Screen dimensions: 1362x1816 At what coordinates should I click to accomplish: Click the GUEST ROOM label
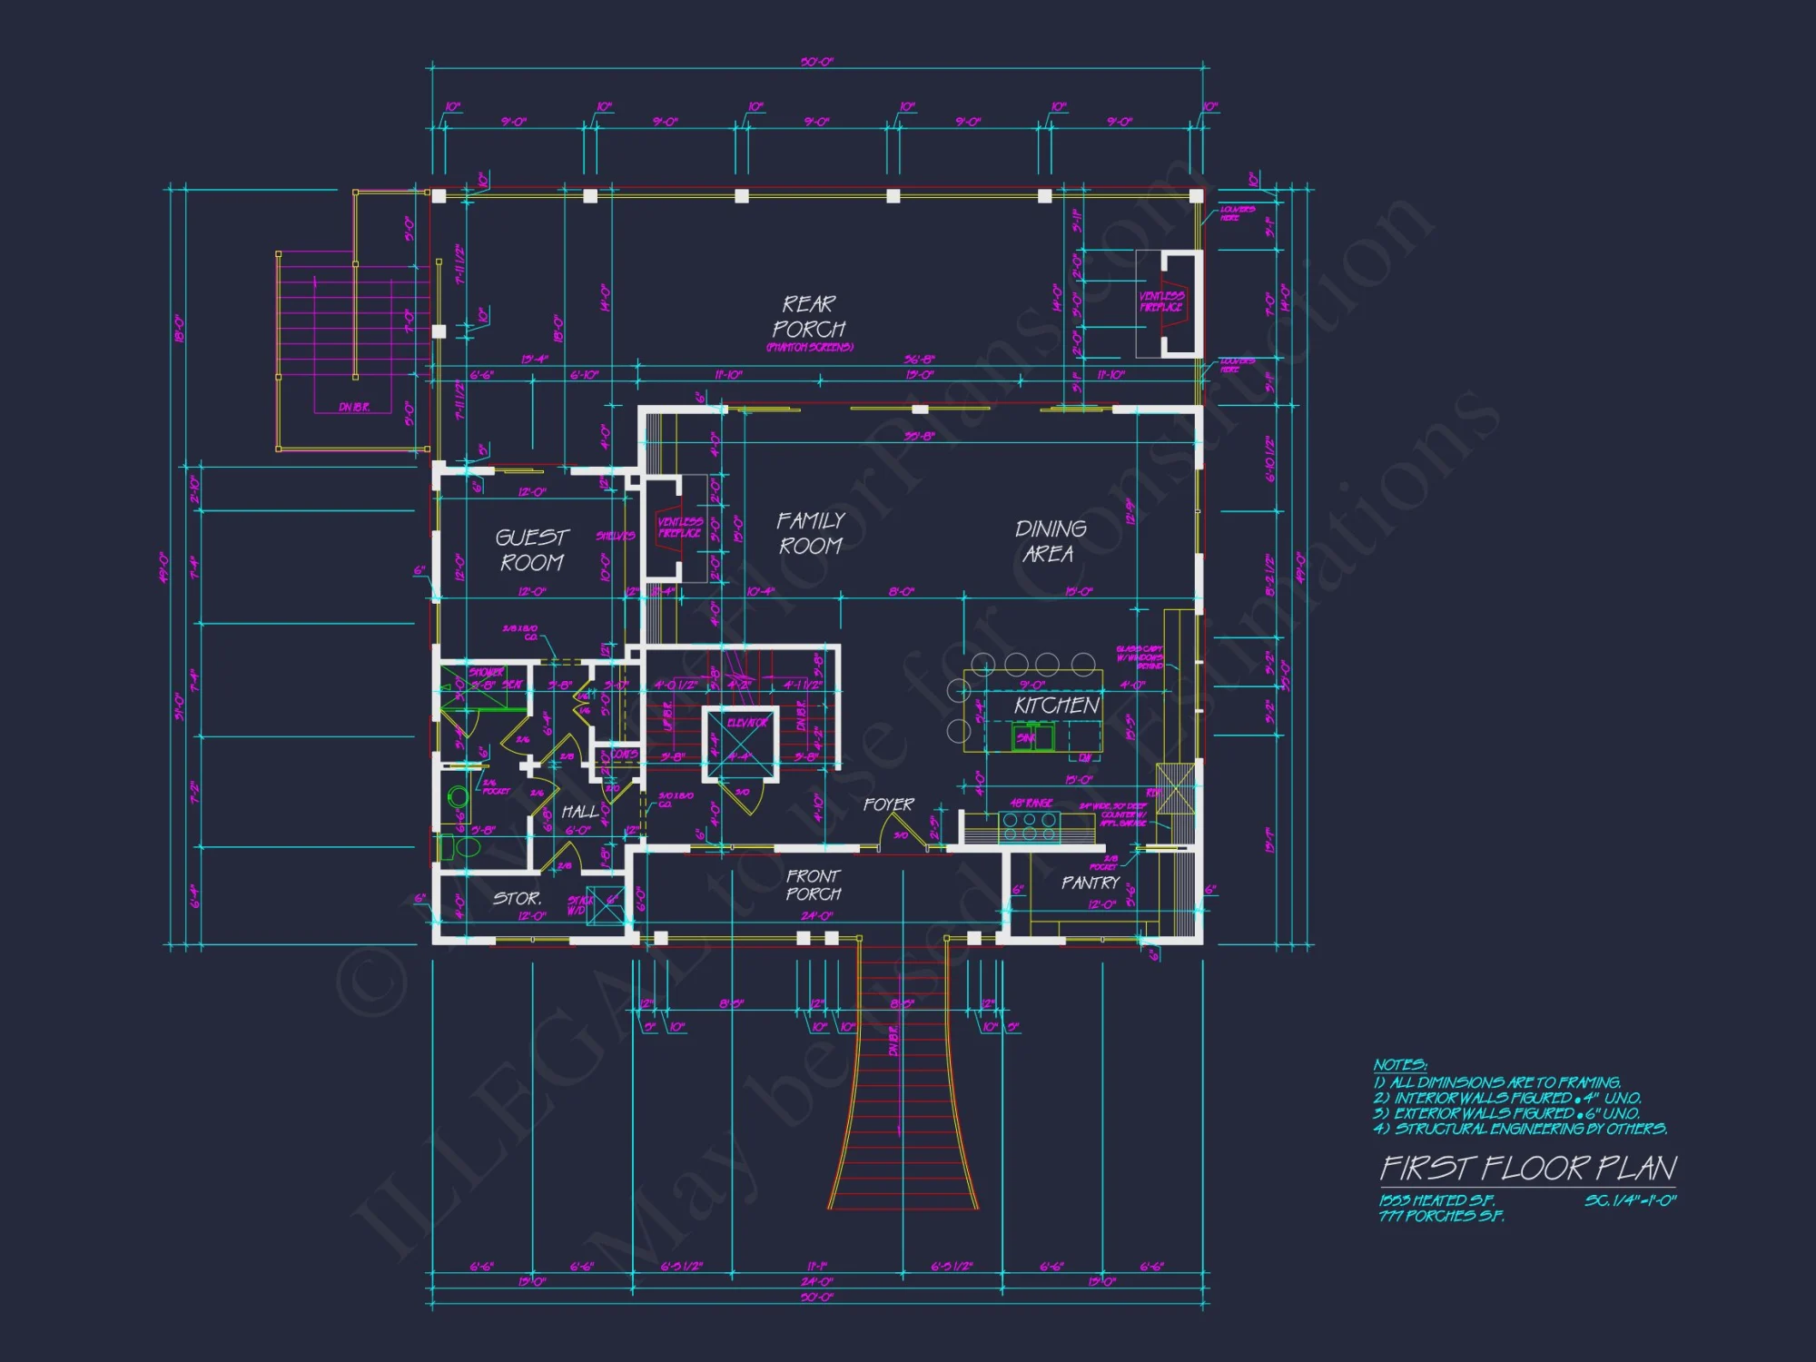tap(532, 550)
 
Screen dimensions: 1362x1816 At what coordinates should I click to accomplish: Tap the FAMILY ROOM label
tap(810, 533)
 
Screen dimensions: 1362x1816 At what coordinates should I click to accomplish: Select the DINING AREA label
tap(1050, 541)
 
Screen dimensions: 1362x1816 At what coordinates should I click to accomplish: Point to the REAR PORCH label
tap(808, 317)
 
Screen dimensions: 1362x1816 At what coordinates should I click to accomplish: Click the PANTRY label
tap(1091, 883)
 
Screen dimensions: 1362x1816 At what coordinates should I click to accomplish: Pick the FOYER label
tap(888, 804)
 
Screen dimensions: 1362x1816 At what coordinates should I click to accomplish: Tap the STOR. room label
tap(518, 898)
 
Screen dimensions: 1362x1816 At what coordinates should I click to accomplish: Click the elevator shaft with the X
tap(741, 744)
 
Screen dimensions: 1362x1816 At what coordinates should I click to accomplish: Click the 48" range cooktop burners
tap(1029, 825)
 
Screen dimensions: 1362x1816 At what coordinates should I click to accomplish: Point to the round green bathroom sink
tap(459, 797)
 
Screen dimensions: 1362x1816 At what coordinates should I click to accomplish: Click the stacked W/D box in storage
tap(605, 904)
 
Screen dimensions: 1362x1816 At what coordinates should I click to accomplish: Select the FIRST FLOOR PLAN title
tap(1528, 1168)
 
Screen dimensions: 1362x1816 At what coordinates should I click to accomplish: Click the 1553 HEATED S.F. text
tap(1436, 1200)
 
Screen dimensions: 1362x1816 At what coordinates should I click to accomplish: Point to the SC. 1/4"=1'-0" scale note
tap(1630, 1200)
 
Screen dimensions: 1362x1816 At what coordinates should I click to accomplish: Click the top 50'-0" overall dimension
tap(816, 62)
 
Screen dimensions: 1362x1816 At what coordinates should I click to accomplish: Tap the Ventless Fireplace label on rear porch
tap(1160, 301)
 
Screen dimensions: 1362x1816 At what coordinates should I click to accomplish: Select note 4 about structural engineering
tap(1520, 1129)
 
